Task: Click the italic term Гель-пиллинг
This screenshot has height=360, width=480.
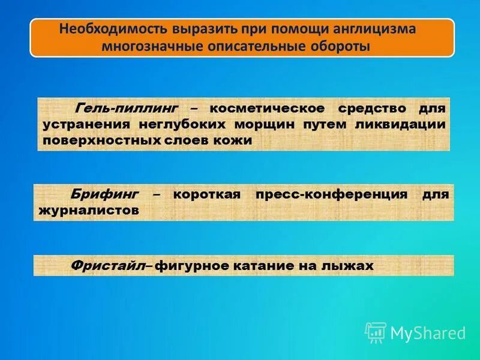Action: click(127, 109)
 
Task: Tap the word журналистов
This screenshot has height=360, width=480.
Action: click(88, 211)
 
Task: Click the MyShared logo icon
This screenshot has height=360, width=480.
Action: click(376, 332)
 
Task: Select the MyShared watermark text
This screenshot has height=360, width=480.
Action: click(428, 333)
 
